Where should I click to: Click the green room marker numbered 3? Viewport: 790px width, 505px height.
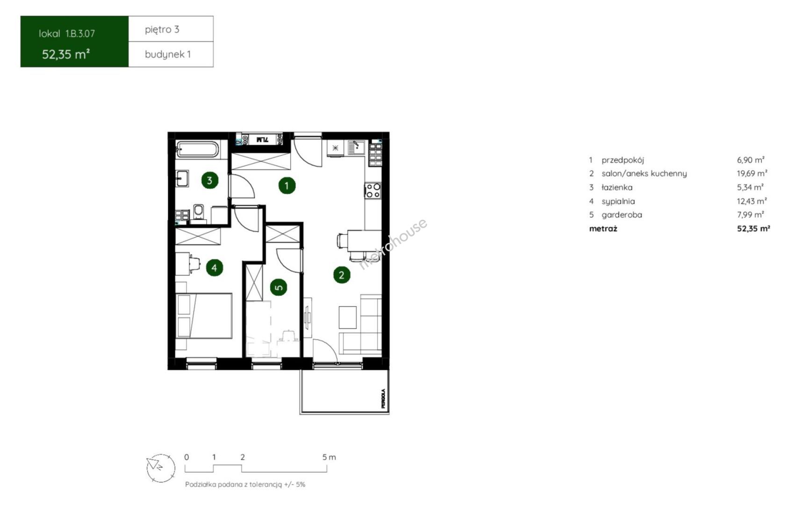[209, 180]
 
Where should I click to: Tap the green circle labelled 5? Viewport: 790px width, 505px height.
[279, 287]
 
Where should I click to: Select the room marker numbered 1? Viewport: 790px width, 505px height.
[287, 186]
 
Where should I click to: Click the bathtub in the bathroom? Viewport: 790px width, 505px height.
[197, 149]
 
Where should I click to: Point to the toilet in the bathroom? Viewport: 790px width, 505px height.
[199, 214]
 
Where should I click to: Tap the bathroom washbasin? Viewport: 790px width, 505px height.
[182, 178]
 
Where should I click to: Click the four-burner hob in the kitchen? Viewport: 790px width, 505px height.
[373, 191]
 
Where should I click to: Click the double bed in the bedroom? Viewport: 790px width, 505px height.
[204, 316]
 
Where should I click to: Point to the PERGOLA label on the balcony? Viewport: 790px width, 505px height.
[383, 398]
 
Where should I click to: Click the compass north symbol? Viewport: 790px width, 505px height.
[161, 468]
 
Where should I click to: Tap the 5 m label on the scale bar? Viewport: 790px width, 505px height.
[329, 457]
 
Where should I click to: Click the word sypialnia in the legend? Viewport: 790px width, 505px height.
[618, 202]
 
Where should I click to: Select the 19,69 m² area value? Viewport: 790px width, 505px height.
[752, 173]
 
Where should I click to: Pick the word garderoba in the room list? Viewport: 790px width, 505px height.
[622, 215]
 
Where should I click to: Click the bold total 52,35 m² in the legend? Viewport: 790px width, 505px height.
[754, 228]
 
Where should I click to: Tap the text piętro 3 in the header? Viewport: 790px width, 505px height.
[162, 29]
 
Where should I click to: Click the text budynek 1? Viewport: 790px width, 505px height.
[168, 54]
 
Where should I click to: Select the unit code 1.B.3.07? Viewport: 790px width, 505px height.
[80, 34]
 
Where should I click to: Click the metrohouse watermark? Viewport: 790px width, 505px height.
[393, 244]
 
